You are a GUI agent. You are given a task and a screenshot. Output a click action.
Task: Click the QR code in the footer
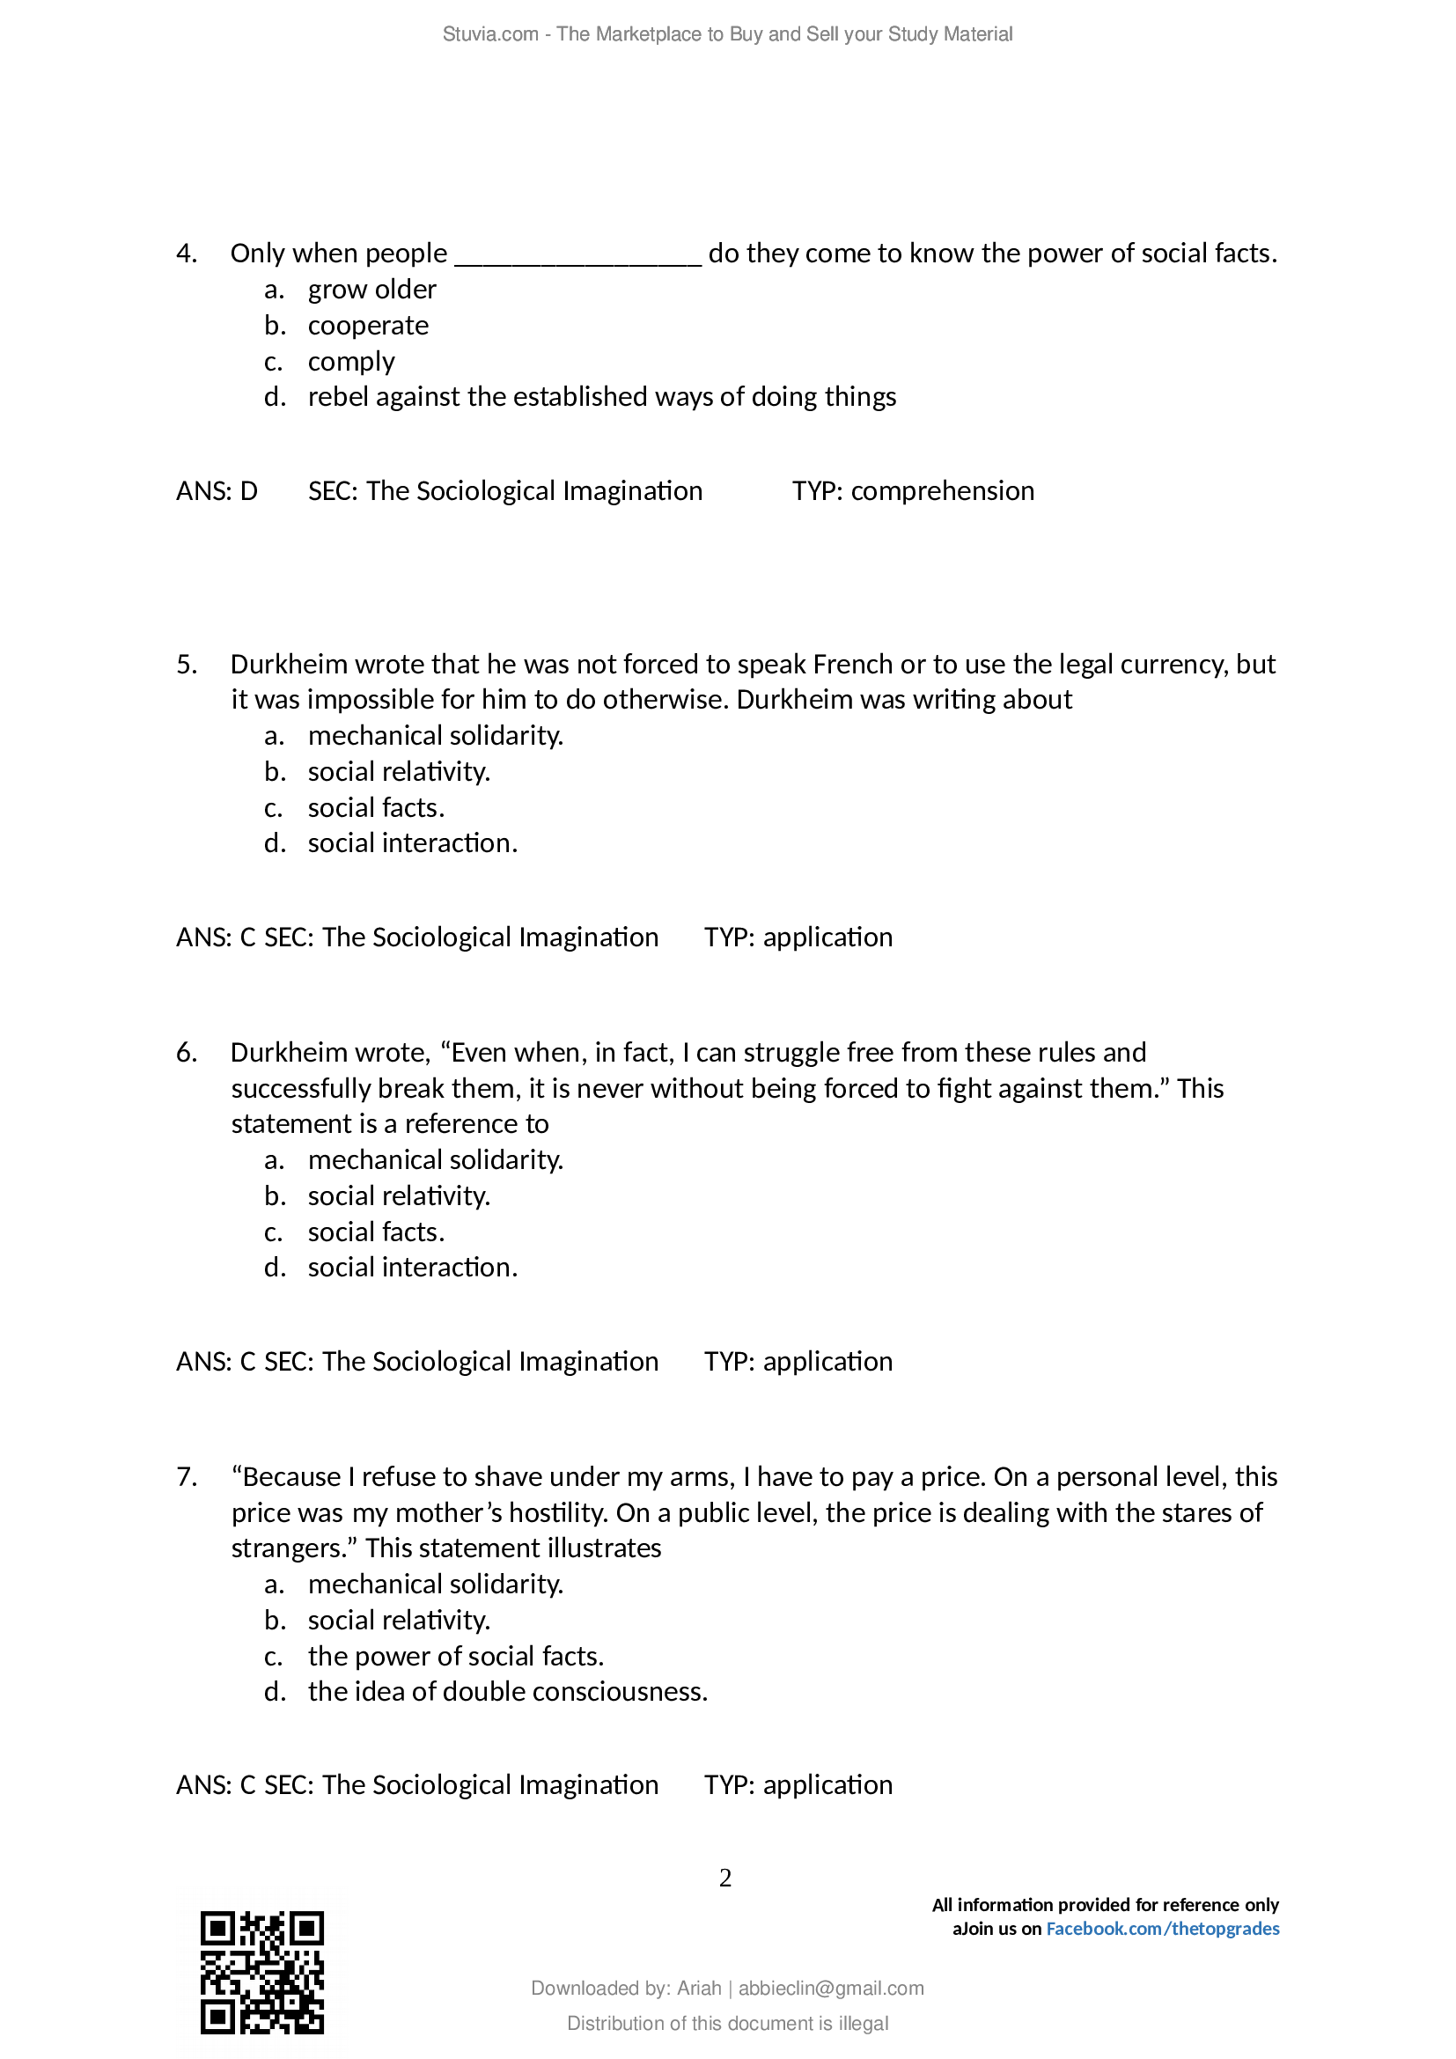pos(261,1972)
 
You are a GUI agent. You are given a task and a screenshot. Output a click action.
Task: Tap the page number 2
pos(725,1878)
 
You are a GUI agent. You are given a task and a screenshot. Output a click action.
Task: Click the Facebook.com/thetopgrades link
pos(1162,1928)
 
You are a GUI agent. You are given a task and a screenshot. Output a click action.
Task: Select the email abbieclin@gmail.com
pos(830,1989)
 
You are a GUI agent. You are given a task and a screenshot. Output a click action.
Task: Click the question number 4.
pos(187,254)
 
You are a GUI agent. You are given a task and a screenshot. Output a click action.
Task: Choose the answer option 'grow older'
pos(372,290)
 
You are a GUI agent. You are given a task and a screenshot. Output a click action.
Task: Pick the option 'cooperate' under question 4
pos(368,326)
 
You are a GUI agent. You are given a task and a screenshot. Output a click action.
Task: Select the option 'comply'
pos(350,362)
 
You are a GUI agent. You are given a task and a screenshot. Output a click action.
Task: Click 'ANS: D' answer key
pos(217,491)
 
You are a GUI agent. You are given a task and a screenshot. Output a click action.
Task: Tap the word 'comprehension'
pos(942,491)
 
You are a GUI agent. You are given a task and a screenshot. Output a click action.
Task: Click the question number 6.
pos(187,1053)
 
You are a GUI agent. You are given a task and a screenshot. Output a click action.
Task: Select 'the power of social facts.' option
pos(455,1657)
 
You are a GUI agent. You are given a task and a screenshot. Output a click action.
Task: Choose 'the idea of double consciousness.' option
pos(507,1692)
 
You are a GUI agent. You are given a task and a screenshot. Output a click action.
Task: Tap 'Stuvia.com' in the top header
pos(489,34)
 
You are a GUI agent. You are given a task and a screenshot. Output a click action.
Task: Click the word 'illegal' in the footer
pos(864,2023)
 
